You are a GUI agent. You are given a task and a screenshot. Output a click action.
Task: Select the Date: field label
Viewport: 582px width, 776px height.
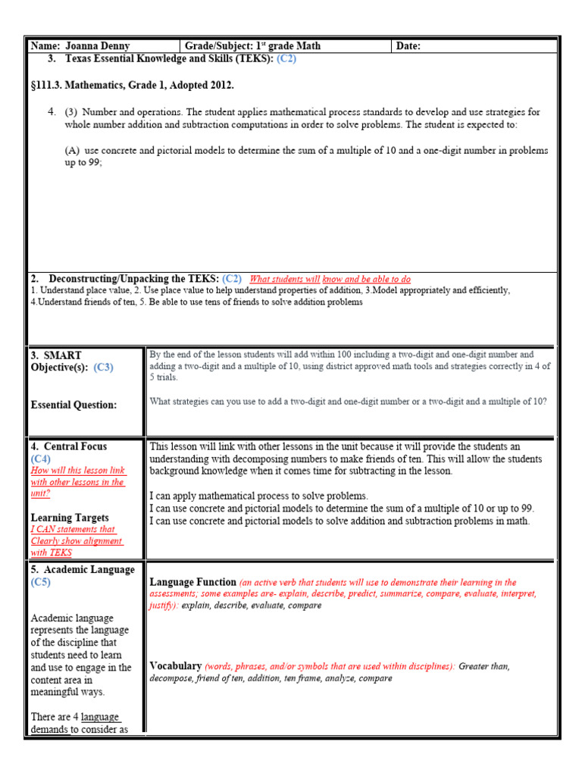[408, 46]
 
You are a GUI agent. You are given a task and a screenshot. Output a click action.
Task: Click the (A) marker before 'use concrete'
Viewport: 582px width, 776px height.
[73, 151]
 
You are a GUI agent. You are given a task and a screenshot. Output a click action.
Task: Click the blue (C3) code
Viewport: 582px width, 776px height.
[103, 368]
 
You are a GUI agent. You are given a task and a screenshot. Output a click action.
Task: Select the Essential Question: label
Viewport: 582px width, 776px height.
[74, 405]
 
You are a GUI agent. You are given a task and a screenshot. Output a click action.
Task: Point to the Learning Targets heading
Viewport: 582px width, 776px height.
[70, 518]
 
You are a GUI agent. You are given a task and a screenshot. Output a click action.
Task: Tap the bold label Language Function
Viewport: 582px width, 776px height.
[192, 582]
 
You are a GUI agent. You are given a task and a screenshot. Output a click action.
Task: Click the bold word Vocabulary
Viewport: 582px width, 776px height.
[175, 666]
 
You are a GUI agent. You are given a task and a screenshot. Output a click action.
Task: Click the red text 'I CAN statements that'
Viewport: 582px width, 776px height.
[73, 530]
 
